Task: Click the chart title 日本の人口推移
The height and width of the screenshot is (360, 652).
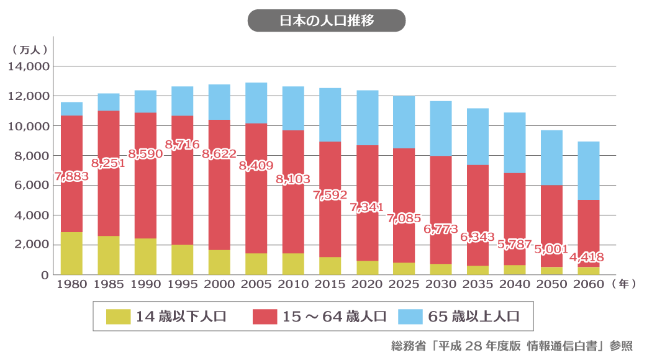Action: pos(326,20)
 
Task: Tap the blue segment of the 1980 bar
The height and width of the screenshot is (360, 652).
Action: pos(71,109)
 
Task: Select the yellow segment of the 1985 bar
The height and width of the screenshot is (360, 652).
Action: pos(109,255)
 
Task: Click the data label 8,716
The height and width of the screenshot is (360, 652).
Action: pos(183,145)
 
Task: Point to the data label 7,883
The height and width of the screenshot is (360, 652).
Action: pos(71,176)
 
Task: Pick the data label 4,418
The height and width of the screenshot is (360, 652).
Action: pos(587,256)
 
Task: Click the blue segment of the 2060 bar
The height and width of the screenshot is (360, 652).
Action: pos(588,171)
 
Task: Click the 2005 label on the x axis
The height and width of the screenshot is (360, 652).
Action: pos(256,285)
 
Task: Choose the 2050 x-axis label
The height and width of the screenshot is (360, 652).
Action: pos(551,285)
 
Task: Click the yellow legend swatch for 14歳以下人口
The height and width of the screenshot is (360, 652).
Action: pos(118,316)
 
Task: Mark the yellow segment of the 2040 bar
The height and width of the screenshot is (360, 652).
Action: pos(515,269)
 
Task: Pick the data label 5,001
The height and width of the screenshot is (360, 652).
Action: pos(551,249)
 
